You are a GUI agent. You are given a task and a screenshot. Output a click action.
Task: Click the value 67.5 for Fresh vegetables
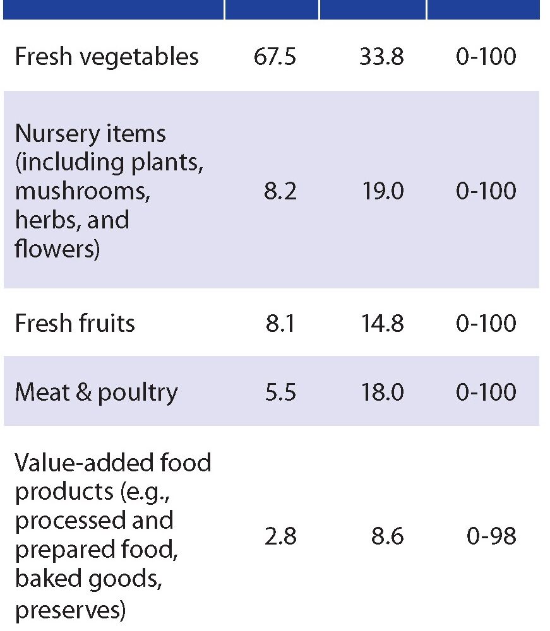[x=271, y=57]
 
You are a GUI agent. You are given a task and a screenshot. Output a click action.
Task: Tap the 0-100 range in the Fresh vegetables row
[x=486, y=57]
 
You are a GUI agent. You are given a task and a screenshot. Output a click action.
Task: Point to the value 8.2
[x=280, y=191]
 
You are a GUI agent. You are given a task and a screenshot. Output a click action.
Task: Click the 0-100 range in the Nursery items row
[x=486, y=191]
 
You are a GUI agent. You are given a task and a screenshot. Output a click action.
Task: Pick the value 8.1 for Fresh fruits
[x=280, y=324]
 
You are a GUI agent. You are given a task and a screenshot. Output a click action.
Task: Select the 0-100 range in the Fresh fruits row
[x=486, y=324]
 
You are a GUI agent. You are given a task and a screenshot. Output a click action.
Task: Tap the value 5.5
[x=280, y=392]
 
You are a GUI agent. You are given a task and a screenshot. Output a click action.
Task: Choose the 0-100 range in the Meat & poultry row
[x=486, y=392]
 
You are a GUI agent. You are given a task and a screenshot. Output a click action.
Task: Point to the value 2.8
[x=280, y=537]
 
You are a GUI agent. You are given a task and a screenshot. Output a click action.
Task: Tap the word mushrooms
[x=82, y=192]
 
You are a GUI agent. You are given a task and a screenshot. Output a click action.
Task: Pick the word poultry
[x=137, y=392]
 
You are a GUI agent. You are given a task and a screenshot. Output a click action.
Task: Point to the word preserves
[x=70, y=610]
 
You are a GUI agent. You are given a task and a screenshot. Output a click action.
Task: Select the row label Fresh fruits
[x=75, y=324]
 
